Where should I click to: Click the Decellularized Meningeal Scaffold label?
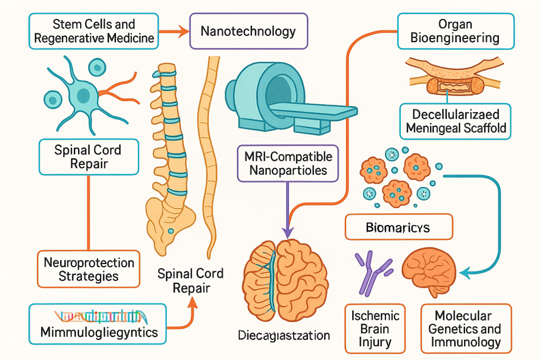point(455,121)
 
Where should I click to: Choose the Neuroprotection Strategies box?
point(89,269)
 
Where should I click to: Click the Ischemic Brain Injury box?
point(375,329)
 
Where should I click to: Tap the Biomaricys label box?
point(398,228)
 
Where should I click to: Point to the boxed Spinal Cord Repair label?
point(89,157)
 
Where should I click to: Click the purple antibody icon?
point(371,271)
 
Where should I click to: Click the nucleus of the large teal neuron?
point(83,96)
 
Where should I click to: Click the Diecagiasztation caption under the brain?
point(284,335)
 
